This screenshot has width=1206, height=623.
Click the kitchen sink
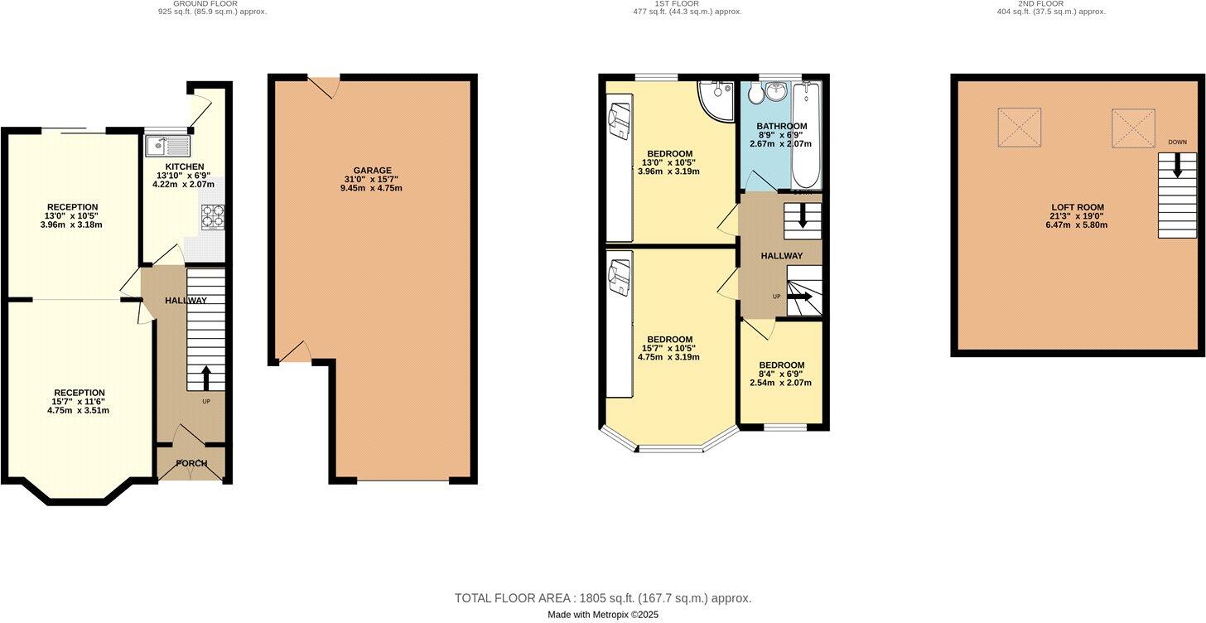[x=166, y=147]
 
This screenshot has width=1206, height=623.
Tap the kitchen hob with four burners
[x=213, y=216]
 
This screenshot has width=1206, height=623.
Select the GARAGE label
[x=372, y=171]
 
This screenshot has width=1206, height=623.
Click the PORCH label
[x=191, y=463]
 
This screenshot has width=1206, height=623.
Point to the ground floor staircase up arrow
[x=205, y=379]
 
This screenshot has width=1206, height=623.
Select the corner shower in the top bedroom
[x=714, y=97]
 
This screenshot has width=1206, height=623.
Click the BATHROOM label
[x=781, y=127]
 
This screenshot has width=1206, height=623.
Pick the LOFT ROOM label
[x=1078, y=208]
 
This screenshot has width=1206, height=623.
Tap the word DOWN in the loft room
[x=1177, y=142]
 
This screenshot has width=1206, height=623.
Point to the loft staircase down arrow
[x=1176, y=168]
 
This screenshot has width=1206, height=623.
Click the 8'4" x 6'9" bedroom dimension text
[x=781, y=374]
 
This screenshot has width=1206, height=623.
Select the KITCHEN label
[x=183, y=167]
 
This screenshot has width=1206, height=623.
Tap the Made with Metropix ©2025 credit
[x=602, y=615]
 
